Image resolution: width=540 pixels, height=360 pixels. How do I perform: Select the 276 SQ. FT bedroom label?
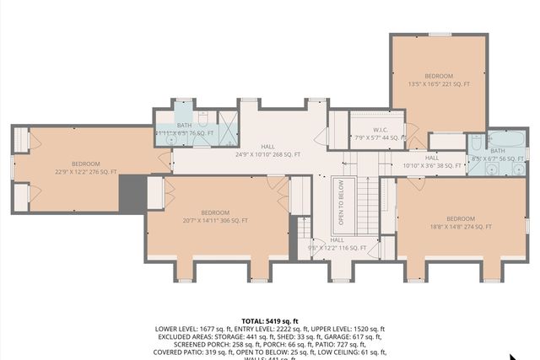[85, 168]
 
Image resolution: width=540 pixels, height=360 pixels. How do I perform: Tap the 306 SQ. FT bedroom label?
[215, 217]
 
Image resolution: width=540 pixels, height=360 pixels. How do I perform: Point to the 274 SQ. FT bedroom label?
[461, 223]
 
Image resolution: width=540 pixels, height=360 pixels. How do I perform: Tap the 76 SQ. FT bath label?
[184, 129]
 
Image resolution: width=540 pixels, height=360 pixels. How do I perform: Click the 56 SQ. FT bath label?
[497, 154]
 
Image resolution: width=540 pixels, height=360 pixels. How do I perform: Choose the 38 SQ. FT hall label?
[432, 162]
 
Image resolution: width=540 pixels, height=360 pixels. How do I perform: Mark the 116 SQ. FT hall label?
[337, 244]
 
